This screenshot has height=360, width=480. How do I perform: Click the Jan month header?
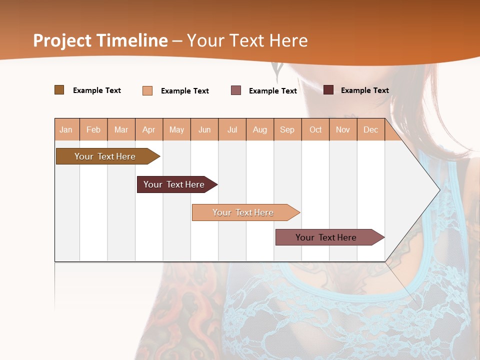(x=66, y=129)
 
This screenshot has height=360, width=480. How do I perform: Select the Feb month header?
(x=93, y=129)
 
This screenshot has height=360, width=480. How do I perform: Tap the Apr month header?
(x=149, y=129)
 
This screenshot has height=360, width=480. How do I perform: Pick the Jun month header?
(x=204, y=129)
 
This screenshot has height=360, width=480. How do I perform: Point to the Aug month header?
(x=260, y=129)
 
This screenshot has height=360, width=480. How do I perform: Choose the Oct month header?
(x=315, y=129)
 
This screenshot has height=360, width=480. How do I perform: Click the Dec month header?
(x=371, y=129)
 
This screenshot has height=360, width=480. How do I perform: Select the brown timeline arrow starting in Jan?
(x=105, y=156)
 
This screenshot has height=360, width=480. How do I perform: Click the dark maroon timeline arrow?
(x=174, y=184)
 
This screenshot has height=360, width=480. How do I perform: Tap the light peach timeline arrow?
(x=243, y=212)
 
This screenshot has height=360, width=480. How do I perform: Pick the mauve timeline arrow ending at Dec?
(x=326, y=237)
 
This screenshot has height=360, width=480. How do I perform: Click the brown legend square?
(x=59, y=90)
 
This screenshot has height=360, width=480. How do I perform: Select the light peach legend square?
(x=147, y=90)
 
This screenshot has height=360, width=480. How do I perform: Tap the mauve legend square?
(x=236, y=90)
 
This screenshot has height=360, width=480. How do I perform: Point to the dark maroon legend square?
(x=328, y=90)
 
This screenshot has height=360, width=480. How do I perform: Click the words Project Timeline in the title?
(x=100, y=40)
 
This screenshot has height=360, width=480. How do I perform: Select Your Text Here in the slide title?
(x=247, y=40)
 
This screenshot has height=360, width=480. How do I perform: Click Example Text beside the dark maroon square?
(x=364, y=90)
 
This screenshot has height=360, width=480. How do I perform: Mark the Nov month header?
(x=343, y=129)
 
